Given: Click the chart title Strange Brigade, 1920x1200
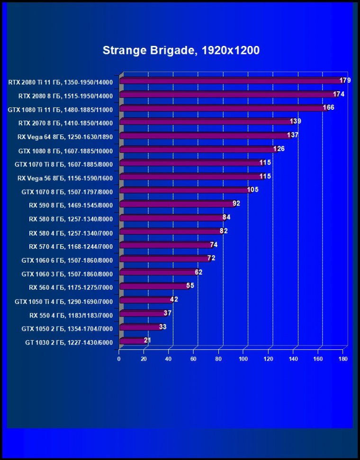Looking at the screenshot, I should click(181, 51).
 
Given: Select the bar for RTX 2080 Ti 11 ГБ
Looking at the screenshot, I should click(230, 81).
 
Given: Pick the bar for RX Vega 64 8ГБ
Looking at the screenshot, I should click(204, 136).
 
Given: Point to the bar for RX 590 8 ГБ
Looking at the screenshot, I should click(176, 204).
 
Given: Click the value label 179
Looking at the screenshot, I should click(345, 80).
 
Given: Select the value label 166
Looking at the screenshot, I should click(329, 107).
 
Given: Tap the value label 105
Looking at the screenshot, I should click(253, 190).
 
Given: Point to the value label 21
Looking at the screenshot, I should click(147, 340).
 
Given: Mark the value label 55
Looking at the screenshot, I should click(190, 286).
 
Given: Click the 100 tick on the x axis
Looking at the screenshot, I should click(243, 359).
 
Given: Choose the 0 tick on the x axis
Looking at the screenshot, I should click(119, 359).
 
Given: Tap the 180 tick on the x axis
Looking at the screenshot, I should click(343, 359).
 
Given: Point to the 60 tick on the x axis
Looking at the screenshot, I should click(194, 359).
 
